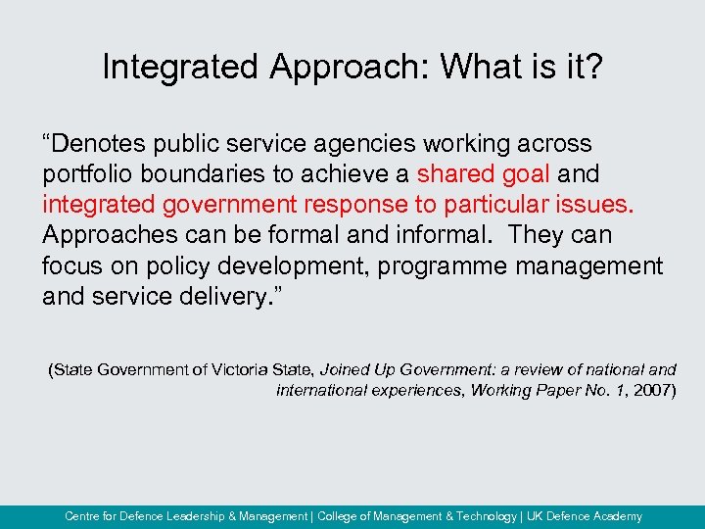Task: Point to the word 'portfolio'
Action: pos(84,174)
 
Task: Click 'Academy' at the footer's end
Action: pos(616,516)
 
